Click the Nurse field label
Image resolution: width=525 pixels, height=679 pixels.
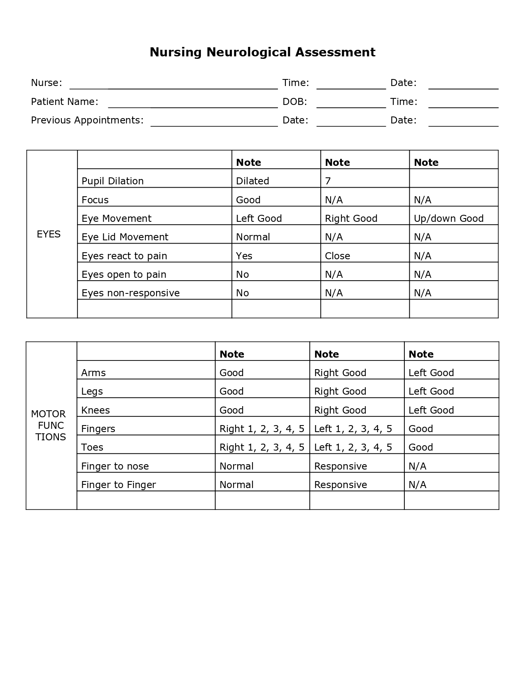(47, 83)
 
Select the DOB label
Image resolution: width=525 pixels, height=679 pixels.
(295, 102)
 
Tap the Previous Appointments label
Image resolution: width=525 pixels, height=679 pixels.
(87, 120)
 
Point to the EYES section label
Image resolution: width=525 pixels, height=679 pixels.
(49, 234)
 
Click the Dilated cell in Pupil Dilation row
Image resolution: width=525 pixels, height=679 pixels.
(252, 181)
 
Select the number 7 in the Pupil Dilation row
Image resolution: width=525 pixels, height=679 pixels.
(328, 181)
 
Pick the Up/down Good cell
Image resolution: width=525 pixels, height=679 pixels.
(448, 219)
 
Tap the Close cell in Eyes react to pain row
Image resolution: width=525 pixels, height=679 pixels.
(337, 256)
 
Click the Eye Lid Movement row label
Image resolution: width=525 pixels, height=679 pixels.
(125, 237)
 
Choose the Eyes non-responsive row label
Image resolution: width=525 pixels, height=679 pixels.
(131, 293)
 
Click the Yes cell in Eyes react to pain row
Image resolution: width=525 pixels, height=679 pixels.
(244, 256)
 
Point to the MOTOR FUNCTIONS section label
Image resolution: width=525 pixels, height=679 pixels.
(49, 426)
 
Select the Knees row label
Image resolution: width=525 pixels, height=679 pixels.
(96, 410)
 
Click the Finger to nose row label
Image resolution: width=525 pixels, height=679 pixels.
(115, 466)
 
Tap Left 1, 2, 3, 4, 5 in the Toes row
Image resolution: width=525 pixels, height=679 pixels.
(353, 447)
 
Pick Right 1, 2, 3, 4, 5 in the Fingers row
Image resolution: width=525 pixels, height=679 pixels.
(262, 429)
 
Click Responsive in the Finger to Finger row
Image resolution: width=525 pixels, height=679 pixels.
(341, 485)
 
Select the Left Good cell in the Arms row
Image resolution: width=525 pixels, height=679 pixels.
(431, 373)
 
